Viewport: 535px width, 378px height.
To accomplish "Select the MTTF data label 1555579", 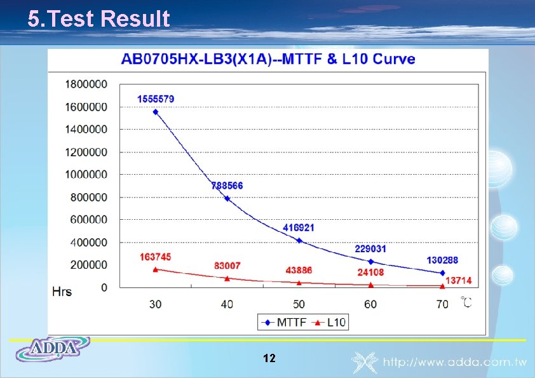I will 156,99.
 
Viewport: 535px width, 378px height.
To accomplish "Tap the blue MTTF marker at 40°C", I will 227,199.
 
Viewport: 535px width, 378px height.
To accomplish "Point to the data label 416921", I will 299,227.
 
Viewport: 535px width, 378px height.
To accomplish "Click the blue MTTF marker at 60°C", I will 371,261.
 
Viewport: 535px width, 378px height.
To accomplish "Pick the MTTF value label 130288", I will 442,260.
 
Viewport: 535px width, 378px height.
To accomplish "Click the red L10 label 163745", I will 156,257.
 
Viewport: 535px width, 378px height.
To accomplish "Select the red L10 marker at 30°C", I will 156,269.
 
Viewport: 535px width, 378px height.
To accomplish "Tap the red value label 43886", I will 299,270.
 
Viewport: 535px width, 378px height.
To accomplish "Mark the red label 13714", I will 459,281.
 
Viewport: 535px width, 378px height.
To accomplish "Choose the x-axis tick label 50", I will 299,304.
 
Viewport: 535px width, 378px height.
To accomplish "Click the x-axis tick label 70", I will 442,304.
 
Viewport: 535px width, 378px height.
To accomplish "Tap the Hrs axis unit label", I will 62,292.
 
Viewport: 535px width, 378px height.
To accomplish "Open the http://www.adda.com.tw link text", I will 455,363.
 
